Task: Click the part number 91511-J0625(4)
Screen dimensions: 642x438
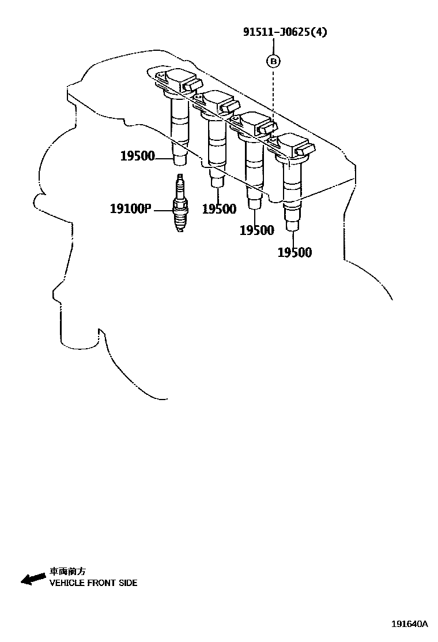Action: point(284,32)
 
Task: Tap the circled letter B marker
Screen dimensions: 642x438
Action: point(273,60)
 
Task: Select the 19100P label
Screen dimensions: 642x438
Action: point(130,208)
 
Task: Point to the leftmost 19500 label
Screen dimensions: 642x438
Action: point(137,156)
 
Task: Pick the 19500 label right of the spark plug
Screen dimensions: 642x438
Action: point(219,209)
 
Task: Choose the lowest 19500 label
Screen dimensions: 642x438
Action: point(294,252)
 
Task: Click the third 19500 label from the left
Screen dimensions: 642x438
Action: point(256,230)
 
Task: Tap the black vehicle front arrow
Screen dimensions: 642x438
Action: point(33,578)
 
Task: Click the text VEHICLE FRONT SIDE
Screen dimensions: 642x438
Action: point(93,583)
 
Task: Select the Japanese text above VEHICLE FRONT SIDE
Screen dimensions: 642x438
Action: point(67,572)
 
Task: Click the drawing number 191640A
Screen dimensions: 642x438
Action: point(410,624)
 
